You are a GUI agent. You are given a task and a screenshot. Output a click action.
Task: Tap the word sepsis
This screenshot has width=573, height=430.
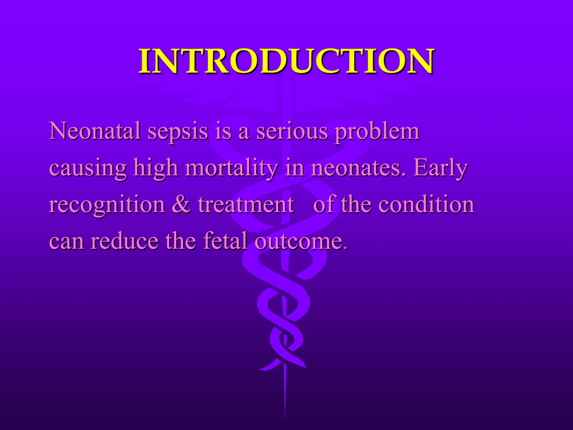click(178, 132)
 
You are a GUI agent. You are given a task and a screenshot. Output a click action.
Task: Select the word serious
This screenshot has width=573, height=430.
click(292, 132)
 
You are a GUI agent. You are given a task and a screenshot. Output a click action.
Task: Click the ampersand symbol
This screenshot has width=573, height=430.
click(181, 204)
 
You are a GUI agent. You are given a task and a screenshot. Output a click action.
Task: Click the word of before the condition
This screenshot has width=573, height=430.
click(325, 204)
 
